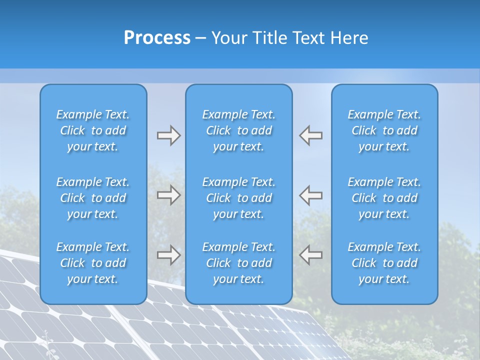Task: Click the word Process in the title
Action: coord(157,38)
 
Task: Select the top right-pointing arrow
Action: coord(168,135)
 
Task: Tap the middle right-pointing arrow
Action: coord(168,195)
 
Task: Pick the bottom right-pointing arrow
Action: coord(168,255)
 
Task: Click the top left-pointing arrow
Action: coord(311,135)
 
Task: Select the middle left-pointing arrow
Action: coord(311,195)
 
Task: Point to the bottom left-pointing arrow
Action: coord(311,255)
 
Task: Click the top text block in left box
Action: coord(93,130)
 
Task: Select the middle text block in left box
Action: coord(93,198)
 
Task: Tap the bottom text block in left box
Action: coord(93,263)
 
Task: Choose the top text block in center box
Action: coord(238,130)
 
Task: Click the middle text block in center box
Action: coord(238,198)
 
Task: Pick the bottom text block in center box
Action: coord(238,263)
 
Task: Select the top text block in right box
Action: coord(384,130)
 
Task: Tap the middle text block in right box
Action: coord(384,198)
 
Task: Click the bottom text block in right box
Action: coord(384,263)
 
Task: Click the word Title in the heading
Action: coord(270,38)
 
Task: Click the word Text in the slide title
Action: coord(309,38)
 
